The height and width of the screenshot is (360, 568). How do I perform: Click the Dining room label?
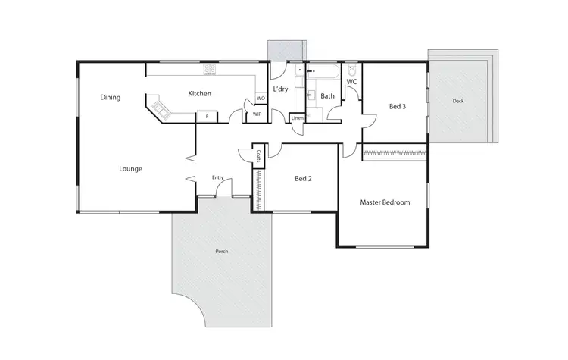pos(110,97)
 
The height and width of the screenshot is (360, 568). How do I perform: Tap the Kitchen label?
pos(199,93)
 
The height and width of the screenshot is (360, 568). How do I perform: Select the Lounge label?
pos(131,168)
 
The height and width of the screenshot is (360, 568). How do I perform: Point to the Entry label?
pos(217,178)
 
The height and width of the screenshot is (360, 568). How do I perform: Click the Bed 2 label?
pos(304,179)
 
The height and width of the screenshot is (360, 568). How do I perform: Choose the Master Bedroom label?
pos(385,202)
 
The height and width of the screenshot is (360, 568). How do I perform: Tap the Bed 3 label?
pos(398,107)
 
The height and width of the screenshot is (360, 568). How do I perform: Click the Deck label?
pos(458,101)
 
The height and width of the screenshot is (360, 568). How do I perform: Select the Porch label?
pos(221,251)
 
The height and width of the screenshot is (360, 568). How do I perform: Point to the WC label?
pos(351,81)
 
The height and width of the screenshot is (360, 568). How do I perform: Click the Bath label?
pos(327,96)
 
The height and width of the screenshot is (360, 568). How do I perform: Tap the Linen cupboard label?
pos(298,119)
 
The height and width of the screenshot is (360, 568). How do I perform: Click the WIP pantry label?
pos(257,114)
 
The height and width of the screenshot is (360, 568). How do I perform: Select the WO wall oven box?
pos(261,99)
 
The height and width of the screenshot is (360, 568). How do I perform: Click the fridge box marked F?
pos(205,116)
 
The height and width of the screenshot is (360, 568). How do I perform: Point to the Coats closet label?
pos(259,157)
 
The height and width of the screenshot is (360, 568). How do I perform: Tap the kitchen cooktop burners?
pos(210,70)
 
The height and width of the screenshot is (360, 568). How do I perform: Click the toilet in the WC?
pos(352,70)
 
